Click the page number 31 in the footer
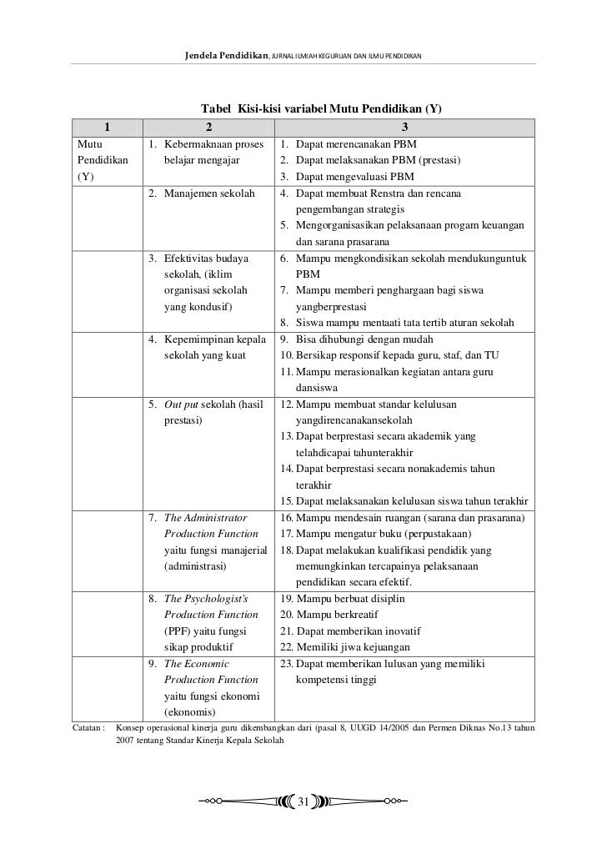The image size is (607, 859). (303, 802)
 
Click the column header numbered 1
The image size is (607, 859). (108, 128)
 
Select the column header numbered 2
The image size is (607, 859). (209, 128)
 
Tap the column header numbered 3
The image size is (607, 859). (405, 128)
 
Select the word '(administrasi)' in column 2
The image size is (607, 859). (196, 566)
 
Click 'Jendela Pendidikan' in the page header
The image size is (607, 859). (226, 55)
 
